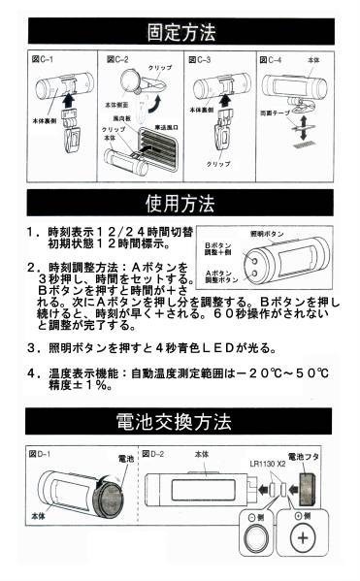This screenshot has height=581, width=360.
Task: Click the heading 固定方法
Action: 180,32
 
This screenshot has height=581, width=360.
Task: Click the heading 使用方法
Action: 180,204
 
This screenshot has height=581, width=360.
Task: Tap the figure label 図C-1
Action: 44,60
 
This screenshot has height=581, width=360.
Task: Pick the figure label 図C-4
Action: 276,60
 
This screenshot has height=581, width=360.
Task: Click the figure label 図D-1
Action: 42,453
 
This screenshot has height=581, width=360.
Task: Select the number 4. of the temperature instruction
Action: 36,372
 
